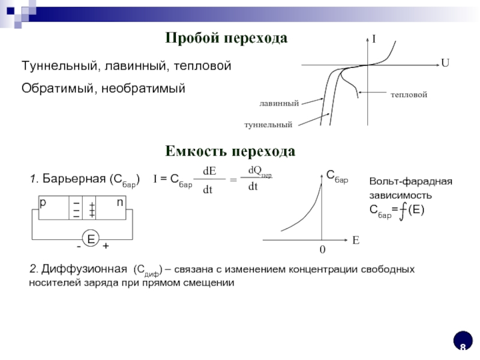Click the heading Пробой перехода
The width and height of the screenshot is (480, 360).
[x=226, y=38]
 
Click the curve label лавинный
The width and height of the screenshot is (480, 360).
[x=279, y=104]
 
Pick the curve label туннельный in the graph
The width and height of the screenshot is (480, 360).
[x=268, y=124]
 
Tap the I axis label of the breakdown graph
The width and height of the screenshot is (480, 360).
[x=373, y=40]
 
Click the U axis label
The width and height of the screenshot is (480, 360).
[x=445, y=62]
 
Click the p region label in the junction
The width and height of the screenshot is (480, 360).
[x=43, y=203]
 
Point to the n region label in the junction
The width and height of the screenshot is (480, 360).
[x=119, y=203]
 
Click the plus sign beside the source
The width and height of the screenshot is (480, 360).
[x=106, y=247]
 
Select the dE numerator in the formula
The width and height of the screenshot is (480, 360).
[x=209, y=171]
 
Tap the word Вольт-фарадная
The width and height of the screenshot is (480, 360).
[x=410, y=182]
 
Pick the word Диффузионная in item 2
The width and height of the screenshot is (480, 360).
[x=89, y=269]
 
